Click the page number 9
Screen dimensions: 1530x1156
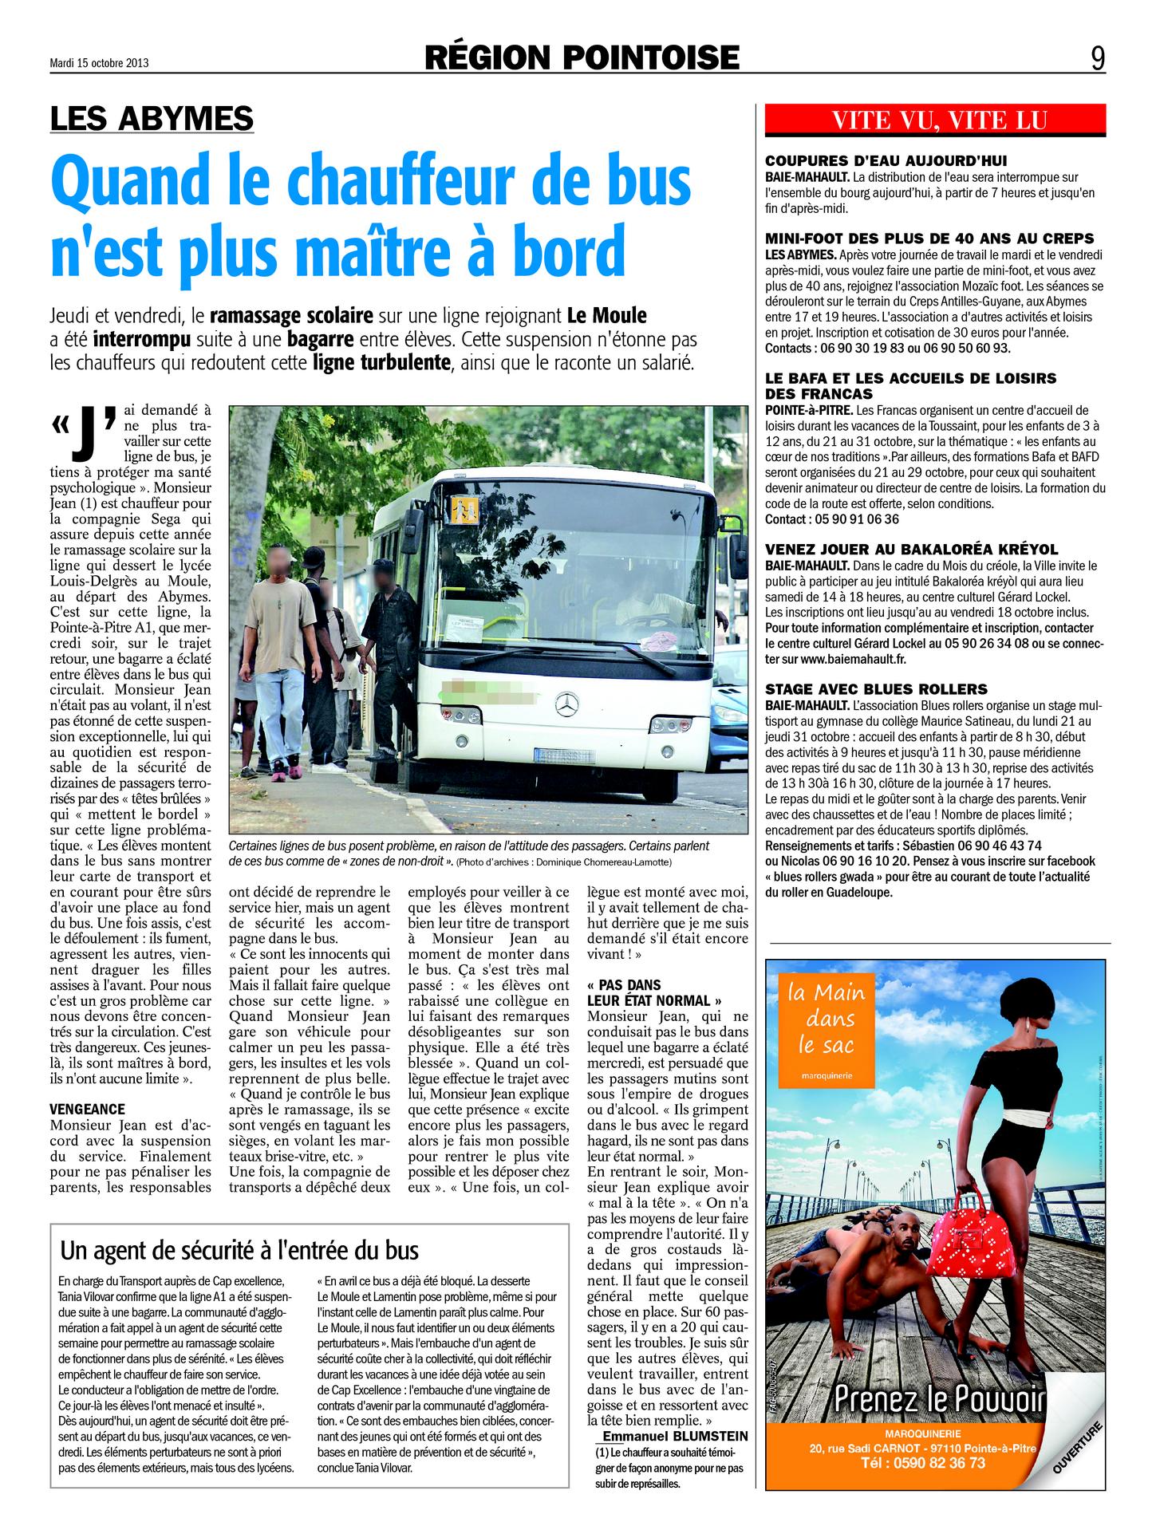[x=1098, y=58]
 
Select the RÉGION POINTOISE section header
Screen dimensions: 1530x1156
[x=582, y=57]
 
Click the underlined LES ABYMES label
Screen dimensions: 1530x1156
[x=152, y=118]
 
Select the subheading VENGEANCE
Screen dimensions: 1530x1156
[x=88, y=1110]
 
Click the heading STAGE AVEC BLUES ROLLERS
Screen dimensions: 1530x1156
[x=876, y=689]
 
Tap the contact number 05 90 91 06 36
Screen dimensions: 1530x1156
[x=849, y=519]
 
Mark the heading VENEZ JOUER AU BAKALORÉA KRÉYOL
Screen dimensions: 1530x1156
[x=911, y=549]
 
